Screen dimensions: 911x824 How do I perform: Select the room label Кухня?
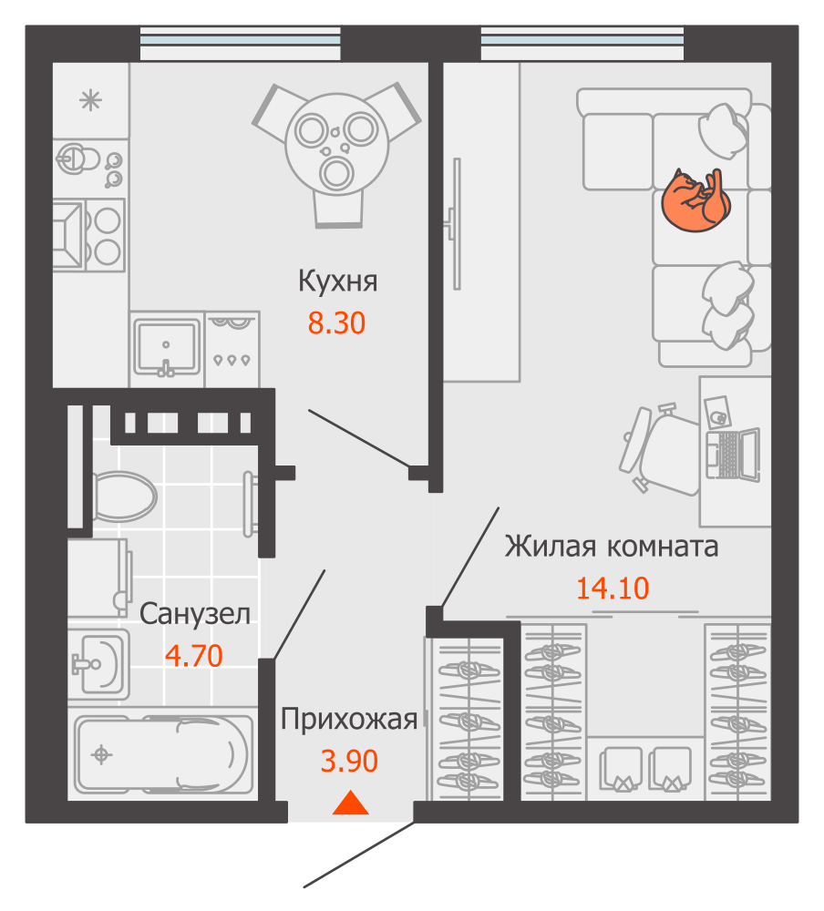tap(337, 281)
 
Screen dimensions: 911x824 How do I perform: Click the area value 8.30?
tap(336, 322)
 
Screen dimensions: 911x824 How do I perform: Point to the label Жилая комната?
tap(612, 547)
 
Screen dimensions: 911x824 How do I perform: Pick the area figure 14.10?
tap(613, 588)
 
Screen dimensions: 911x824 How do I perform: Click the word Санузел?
tap(195, 614)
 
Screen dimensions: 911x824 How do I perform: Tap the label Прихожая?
tap(349, 720)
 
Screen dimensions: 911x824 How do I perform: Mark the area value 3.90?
tap(349, 760)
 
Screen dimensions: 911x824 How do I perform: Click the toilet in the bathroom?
tap(123, 496)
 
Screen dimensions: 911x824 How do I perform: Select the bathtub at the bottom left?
tap(163, 754)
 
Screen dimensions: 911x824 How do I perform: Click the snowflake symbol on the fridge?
tap(90, 100)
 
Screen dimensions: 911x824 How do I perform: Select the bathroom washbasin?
tap(98, 661)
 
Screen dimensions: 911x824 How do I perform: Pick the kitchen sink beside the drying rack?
tap(167, 347)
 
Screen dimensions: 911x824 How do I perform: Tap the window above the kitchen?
tap(241, 43)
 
